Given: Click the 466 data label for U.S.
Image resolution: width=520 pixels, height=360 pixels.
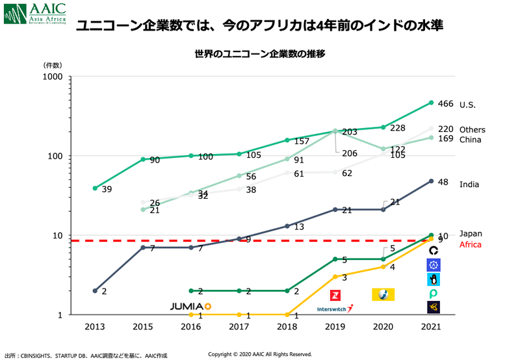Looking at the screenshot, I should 446,104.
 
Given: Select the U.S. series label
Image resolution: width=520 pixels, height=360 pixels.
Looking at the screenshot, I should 467,105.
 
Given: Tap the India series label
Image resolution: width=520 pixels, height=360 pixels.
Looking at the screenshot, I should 469,185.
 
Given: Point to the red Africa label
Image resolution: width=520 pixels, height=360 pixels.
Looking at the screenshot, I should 470,245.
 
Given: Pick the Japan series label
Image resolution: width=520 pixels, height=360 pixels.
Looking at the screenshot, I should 471,234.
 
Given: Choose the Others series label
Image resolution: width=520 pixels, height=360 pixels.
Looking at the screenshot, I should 472,130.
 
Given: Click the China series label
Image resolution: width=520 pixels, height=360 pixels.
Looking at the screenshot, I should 469,140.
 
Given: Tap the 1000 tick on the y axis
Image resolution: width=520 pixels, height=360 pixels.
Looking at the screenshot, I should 52,77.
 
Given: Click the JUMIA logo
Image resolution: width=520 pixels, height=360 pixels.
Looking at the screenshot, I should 190,305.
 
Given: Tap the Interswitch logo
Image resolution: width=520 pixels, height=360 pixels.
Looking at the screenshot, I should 335,309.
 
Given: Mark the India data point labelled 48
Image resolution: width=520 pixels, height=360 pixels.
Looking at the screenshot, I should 431,181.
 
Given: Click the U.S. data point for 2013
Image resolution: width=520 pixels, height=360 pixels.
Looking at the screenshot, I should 95,188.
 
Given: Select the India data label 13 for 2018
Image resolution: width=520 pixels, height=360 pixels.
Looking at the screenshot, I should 299,227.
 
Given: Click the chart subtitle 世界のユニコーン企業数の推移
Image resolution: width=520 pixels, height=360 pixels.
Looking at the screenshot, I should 260,53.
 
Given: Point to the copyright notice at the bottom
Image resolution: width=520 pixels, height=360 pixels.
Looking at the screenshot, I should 260,354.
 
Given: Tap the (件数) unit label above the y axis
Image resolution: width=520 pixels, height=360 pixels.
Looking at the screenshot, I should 53,66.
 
